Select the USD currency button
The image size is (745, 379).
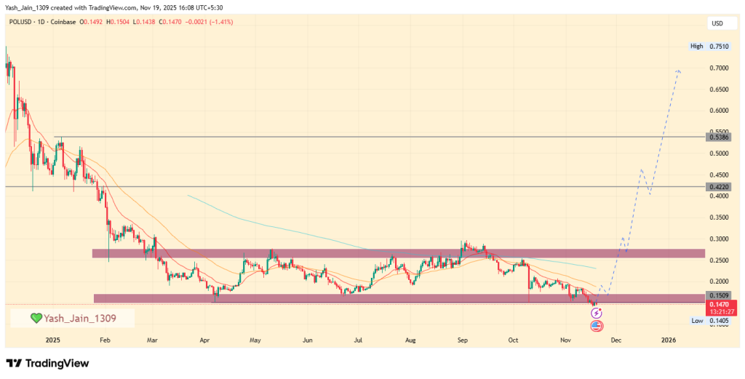717,24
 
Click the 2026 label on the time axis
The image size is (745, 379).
668,340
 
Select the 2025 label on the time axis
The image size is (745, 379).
52,340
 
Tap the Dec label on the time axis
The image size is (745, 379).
615,340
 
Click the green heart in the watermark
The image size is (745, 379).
36,318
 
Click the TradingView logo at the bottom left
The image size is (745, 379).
47,363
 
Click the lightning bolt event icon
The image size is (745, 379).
596,313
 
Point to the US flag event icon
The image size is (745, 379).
597,325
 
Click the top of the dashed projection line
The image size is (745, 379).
679,71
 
